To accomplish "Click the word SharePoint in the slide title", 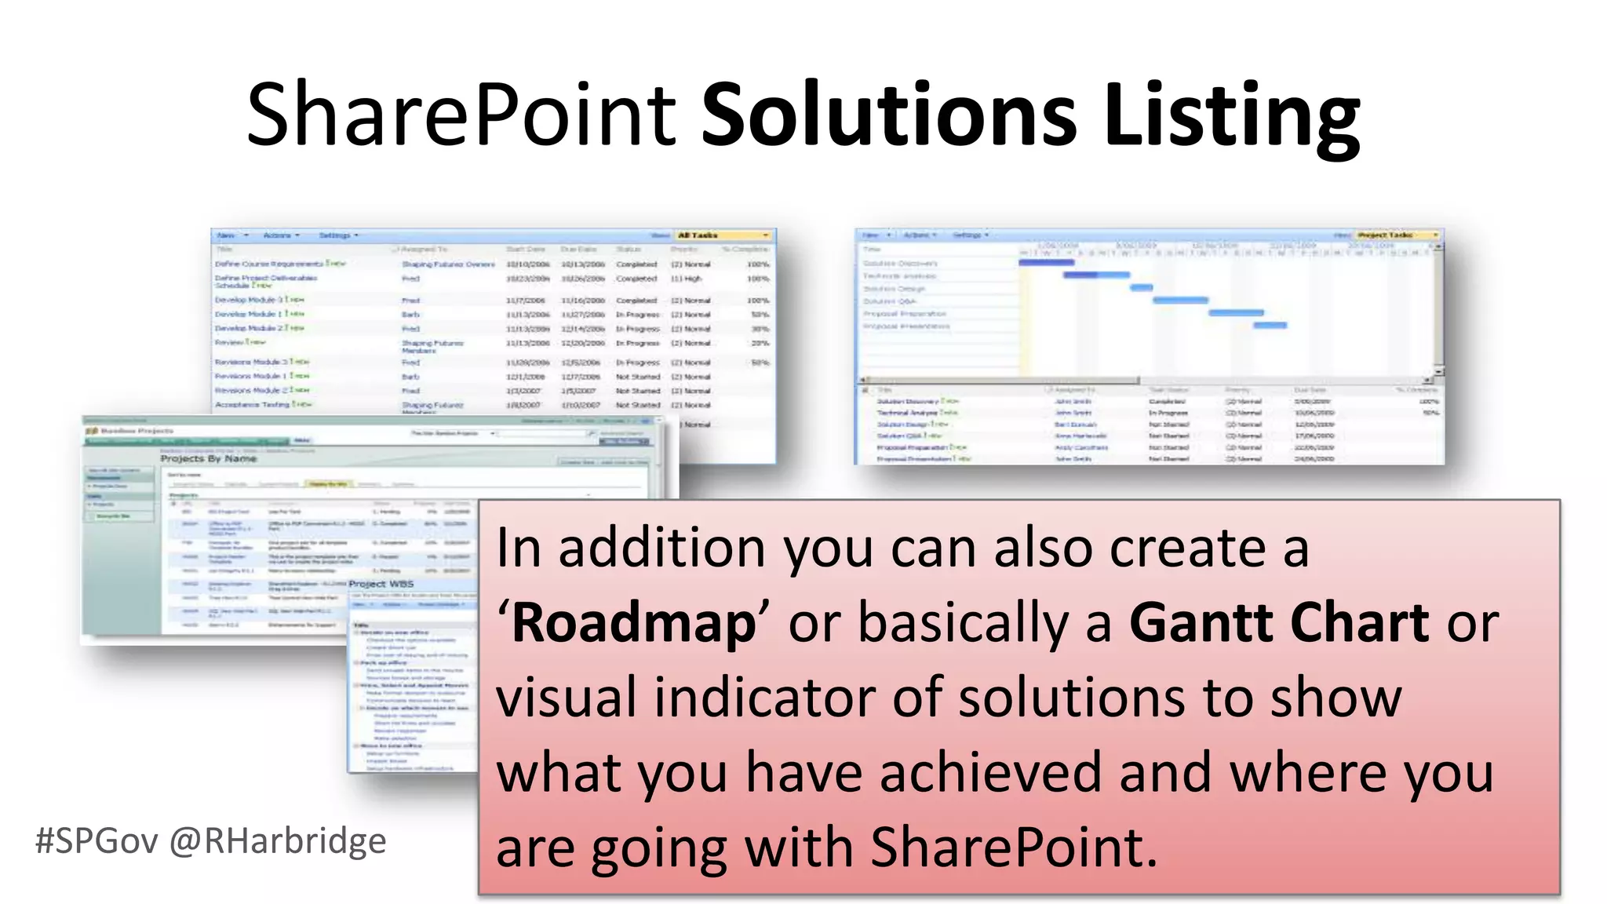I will click(x=461, y=115).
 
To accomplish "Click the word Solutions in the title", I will click(x=888, y=115).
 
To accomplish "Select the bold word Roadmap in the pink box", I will click(x=634, y=623).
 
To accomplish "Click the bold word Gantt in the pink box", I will click(x=1201, y=623).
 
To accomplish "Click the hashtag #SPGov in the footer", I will click(x=97, y=841).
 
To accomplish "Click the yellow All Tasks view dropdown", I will click(x=723, y=235).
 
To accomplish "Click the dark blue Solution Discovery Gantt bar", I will click(x=1046, y=262).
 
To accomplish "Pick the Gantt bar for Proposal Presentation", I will click(x=1270, y=325).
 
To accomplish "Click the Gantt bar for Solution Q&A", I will click(x=1179, y=300).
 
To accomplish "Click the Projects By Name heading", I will click(x=209, y=458).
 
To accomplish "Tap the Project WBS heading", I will click(x=381, y=584).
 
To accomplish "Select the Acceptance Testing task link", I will click(x=252, y=405).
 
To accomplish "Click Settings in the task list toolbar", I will click(x=336, y=235).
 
